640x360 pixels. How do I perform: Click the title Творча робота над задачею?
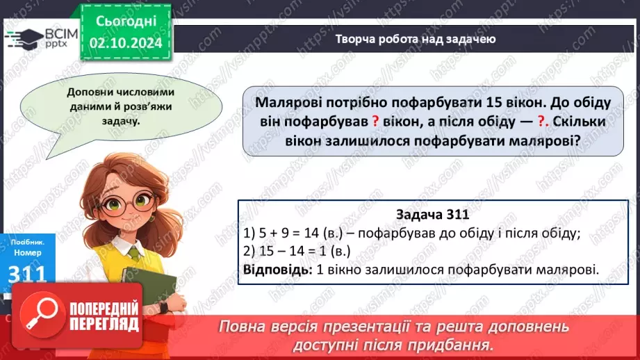click(x=415, y=39)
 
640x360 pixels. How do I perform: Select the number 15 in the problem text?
click(x=484, y=103)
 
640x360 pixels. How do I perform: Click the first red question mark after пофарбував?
click(x=375, y=120)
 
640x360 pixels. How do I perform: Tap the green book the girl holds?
click(x=147, y=287)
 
